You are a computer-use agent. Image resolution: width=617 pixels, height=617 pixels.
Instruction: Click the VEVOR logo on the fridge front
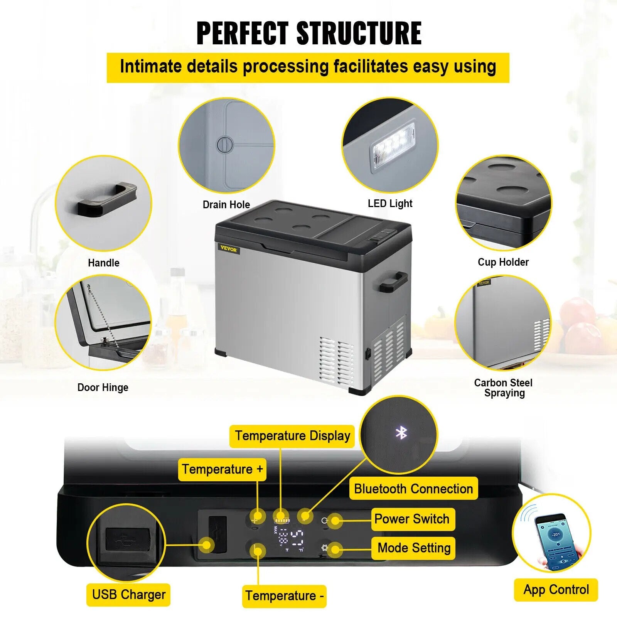coord(229,249)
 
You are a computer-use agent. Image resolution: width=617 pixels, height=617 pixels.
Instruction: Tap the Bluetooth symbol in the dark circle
coord(401,433)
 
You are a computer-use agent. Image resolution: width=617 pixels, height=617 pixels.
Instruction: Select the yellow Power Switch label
coord(412,519)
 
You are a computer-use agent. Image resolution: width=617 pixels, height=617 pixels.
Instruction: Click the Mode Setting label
coord(414,548)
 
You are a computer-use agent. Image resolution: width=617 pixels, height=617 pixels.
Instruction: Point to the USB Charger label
coord(128,595)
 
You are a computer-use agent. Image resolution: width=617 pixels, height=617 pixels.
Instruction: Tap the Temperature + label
coord(222,469)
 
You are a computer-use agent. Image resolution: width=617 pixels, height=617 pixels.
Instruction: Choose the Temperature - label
coord(284,596)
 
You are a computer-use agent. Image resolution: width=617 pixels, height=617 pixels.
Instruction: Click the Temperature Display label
coord(292,436)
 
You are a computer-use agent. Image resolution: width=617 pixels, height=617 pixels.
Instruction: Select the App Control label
coord(556,590)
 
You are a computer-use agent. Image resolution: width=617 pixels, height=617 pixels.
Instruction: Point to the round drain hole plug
coord(225,145)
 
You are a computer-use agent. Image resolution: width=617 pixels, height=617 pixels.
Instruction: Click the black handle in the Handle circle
coord(108,199)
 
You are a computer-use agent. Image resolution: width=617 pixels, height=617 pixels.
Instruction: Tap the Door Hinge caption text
coord(103,388)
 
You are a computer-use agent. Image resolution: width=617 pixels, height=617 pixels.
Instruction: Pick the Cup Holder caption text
coord(503,262)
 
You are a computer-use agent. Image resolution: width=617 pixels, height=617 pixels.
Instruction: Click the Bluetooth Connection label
coord(413,489)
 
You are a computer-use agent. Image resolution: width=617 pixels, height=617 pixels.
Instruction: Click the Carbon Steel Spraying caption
coord(503,388)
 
